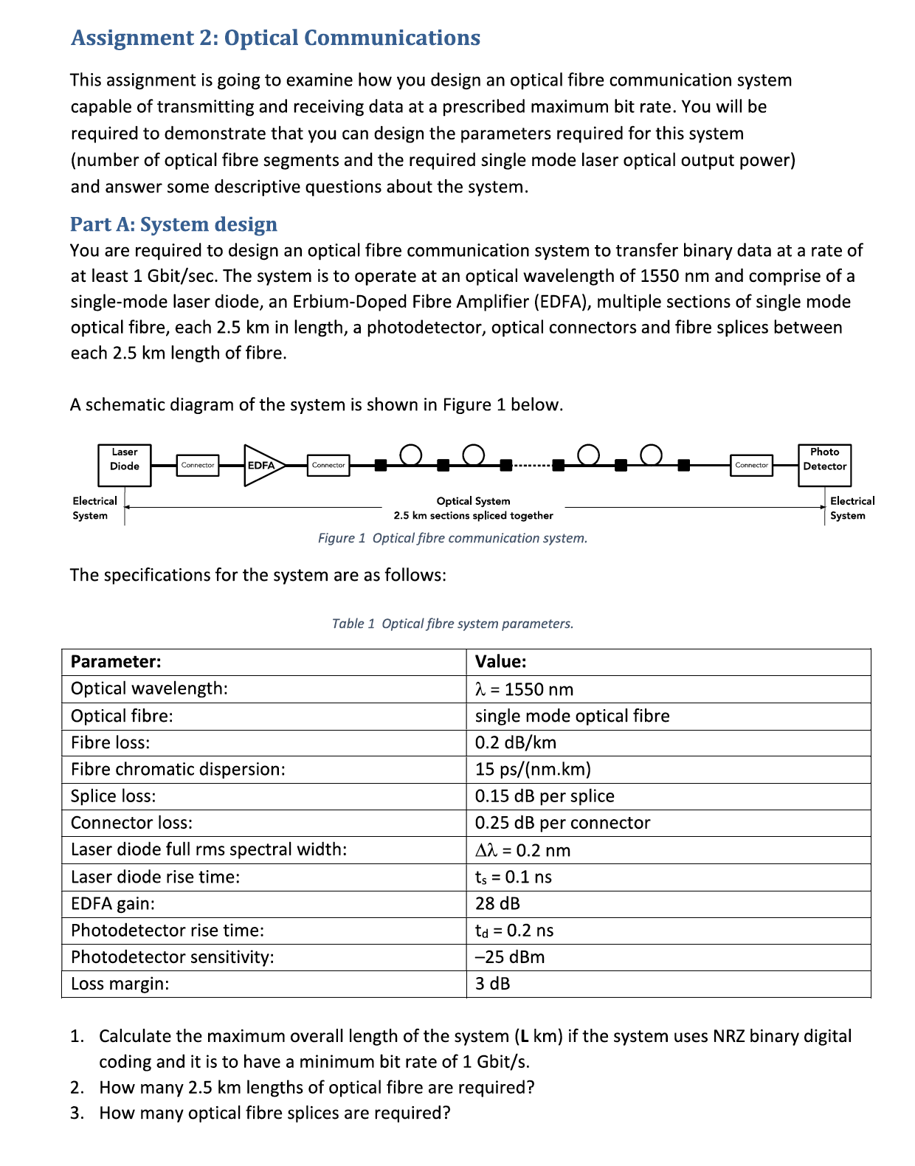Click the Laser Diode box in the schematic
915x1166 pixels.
point(124,465)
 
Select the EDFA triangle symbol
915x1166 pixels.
point(261,465)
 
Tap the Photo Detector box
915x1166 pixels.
point(824,465)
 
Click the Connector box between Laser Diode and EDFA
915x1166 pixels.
point(198,465)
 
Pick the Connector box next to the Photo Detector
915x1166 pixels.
point(751,465)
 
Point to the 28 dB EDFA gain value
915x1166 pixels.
point(497,903)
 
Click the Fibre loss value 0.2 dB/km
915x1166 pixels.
point(515,742)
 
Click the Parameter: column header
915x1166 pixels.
point(116,661)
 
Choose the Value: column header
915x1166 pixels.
point(500,661)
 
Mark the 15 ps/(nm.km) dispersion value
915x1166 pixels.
point(533,769)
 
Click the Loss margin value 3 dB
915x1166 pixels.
point(492,984)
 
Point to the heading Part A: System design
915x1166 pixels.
point(173,224)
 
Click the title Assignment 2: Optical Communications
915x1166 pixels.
point(275,38)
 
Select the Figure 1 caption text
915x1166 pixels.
point(452,538)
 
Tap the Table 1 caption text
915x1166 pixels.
point(452,624)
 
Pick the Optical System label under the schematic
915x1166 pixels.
point(473,501)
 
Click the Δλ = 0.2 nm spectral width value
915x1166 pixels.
point(522,850)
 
